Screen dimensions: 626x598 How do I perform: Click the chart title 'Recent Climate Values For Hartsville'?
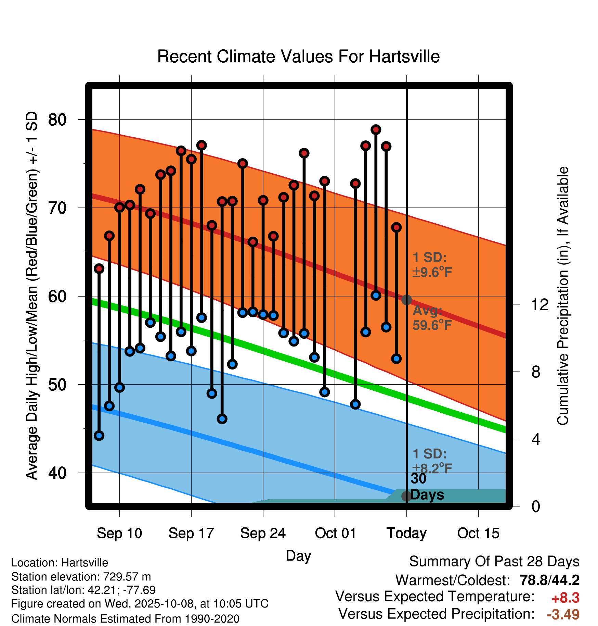[298, 57]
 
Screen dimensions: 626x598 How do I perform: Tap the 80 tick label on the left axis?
[57, 120]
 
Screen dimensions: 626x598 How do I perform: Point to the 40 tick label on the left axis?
[57, 473]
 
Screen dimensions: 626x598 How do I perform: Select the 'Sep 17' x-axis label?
[191, 534]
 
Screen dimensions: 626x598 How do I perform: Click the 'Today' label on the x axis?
[406, 534]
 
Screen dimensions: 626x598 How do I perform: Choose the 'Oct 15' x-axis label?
[478, 534]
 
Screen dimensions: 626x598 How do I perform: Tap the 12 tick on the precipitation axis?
[539, 304]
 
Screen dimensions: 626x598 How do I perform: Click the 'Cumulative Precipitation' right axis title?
[563, 296]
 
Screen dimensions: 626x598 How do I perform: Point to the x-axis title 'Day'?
[298, 555]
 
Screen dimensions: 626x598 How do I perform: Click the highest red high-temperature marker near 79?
[376, 130]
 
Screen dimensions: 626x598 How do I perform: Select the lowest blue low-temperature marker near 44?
[99, 436]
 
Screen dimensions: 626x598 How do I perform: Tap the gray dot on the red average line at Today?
[406, 300]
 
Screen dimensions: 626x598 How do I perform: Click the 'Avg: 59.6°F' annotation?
[432, 318]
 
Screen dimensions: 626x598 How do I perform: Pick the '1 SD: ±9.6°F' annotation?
[432, 265]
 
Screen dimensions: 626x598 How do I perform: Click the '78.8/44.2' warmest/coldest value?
[549, 580]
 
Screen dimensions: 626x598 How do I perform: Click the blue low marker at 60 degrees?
[376, 296]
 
